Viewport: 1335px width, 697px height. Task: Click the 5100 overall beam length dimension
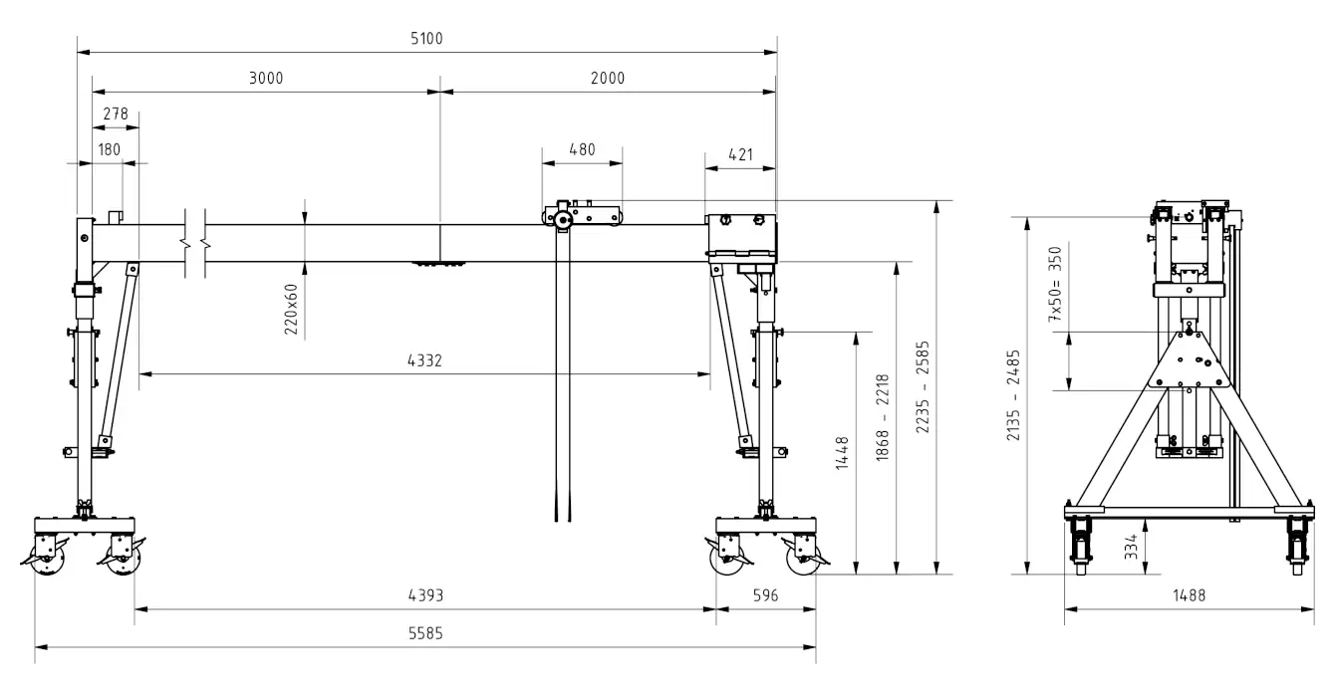click(426, 39)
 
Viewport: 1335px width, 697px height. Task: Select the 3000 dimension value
click(266, 78)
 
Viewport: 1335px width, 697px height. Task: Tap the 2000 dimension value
click(608, 78)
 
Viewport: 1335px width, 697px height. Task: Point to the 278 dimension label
click(115, 114)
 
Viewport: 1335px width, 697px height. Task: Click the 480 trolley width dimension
click(582, 149)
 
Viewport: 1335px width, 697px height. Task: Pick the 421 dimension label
click(740, 155)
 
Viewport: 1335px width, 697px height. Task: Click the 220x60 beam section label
click(291, 310)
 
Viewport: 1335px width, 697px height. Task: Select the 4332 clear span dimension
click(424, 360)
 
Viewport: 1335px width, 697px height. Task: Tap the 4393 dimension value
click(425, 595)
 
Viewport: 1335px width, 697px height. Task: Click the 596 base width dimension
click(765, 595)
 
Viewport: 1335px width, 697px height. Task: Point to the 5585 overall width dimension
click(425, 633)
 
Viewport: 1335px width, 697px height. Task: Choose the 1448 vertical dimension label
click(842, 453)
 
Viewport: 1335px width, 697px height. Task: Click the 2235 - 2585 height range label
click(923, 387)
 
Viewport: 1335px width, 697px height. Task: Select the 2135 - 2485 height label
click(1013, 395)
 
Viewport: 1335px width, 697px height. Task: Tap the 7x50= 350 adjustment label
click(1055, 284)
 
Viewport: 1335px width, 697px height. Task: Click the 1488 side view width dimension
click(1189, 595)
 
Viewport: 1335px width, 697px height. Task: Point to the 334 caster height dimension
click(1131, 547)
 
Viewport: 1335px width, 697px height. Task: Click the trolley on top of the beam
click(582, 214)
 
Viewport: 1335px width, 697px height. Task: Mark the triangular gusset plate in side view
click(1190, 359)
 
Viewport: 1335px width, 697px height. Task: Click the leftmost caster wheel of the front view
click(47, 559)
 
